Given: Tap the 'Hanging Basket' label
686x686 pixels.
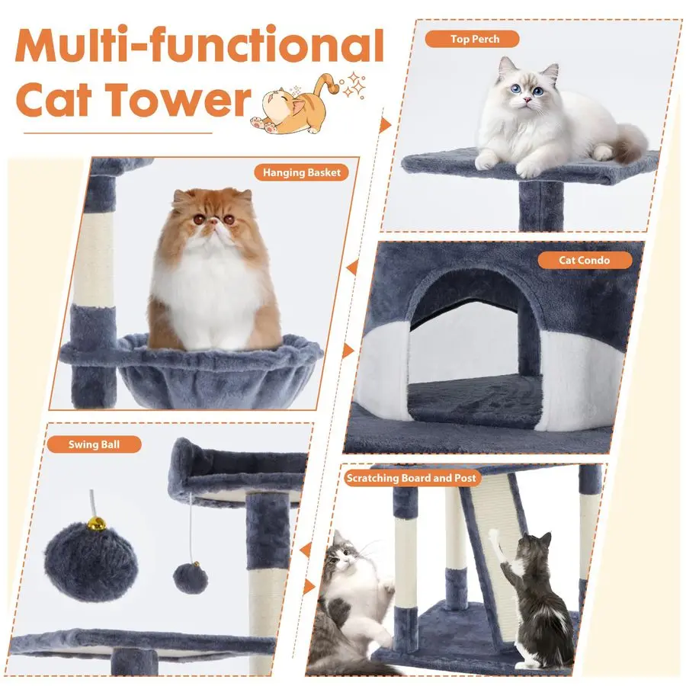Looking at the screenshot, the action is tap(301, 172).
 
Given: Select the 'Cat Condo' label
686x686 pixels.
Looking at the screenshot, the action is tap(584, 261).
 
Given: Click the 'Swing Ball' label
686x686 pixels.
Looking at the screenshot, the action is tap(94, 444).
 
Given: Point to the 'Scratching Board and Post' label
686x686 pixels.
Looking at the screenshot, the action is tap(412, 478).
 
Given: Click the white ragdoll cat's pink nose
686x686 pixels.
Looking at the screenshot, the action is tap(527, 100).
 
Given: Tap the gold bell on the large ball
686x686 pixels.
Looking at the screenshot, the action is tap(96, 523).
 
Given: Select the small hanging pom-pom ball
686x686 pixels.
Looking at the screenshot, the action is tap(191, 578).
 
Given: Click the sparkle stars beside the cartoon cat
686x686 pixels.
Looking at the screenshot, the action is tap(354, 85).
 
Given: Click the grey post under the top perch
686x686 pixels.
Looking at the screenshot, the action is tap(540, 206).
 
